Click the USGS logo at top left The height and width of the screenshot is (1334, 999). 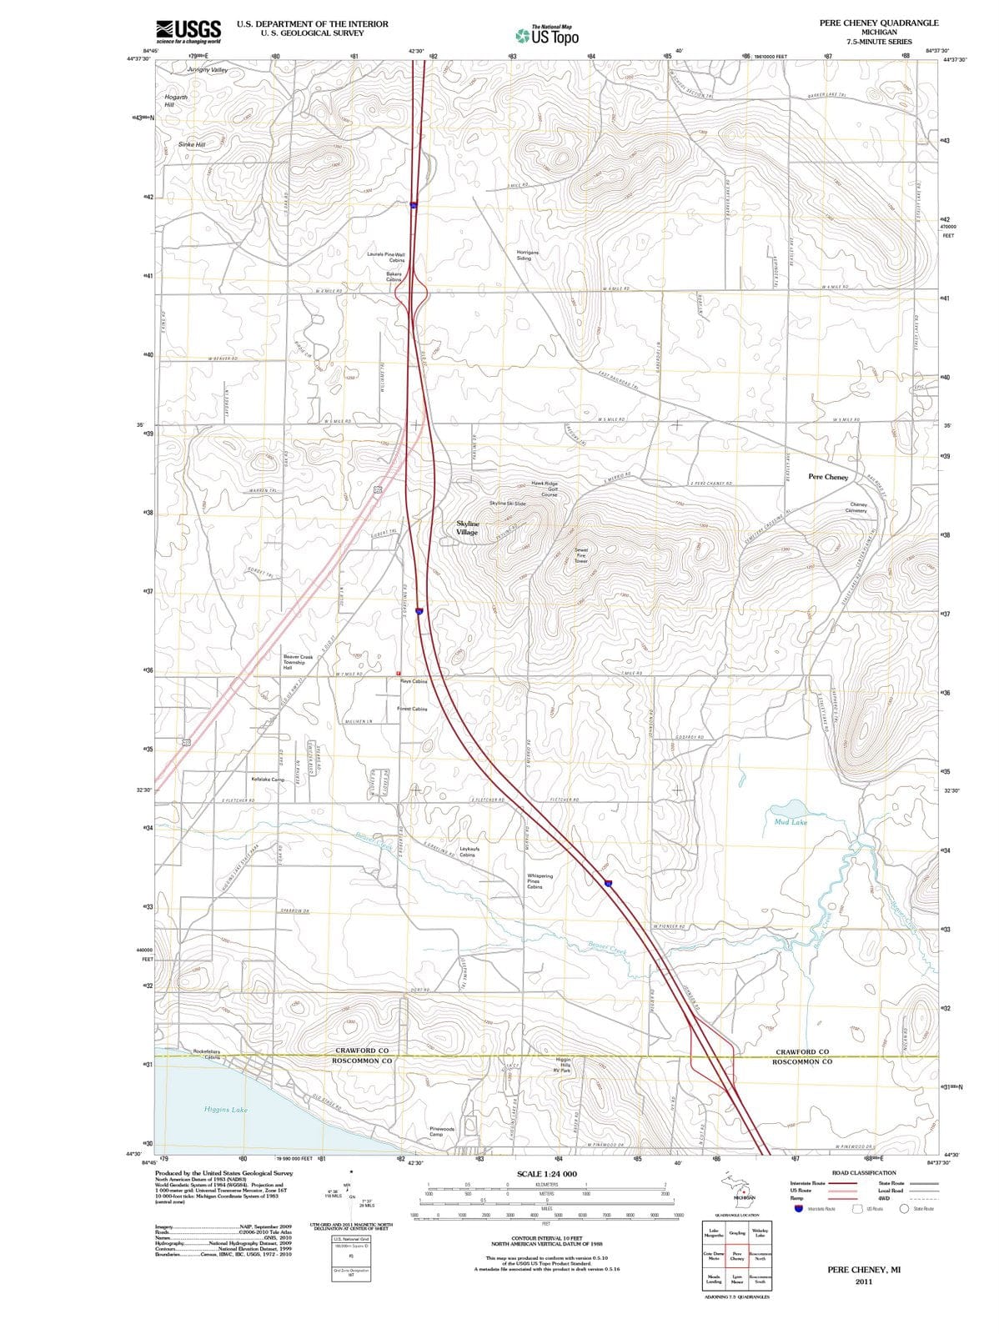click(x=188, y=31)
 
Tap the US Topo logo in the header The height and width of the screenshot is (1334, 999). click(x=546, y=36)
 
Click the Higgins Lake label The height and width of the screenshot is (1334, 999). click(x=225, y=1110)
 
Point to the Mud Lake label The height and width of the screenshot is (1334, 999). click(x=791, y=822)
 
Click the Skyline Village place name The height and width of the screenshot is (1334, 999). click(x=467, y=528)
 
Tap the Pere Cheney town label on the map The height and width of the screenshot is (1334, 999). click(x=828, y=477)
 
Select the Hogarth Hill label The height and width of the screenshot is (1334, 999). click(x=176, y=101)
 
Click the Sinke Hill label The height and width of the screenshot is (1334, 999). click(x=192, y=144)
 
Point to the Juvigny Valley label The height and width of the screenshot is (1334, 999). click(x=207, y=70)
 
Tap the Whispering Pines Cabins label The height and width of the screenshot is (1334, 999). click(x=540, y=881)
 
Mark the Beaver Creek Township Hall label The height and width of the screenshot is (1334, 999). click(x=298, y=662)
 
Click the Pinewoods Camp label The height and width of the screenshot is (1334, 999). click(x=441, y=1131)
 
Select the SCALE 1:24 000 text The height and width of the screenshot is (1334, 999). click(x=546, y=1174)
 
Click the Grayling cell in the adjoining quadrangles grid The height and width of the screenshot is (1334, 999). click(x=737, y=1233)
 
